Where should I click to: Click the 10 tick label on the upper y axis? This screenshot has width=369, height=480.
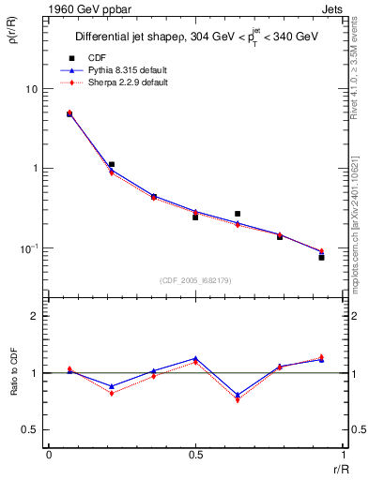coord(31,89)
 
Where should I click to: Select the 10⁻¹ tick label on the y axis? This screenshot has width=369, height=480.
coord(29,248)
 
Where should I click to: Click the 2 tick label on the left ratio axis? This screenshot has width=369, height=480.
coord(35,316)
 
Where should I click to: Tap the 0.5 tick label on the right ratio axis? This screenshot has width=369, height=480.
coord(354,429)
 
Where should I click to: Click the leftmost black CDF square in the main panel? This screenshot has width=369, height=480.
coord(69,114)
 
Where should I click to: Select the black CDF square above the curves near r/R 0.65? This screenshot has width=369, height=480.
coord(238,214)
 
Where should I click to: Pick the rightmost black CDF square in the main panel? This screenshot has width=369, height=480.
coord(321,257)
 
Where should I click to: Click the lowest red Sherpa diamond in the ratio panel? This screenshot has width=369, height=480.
coord(238,399)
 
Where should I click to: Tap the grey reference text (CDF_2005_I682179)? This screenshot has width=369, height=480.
coord(195,280)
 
